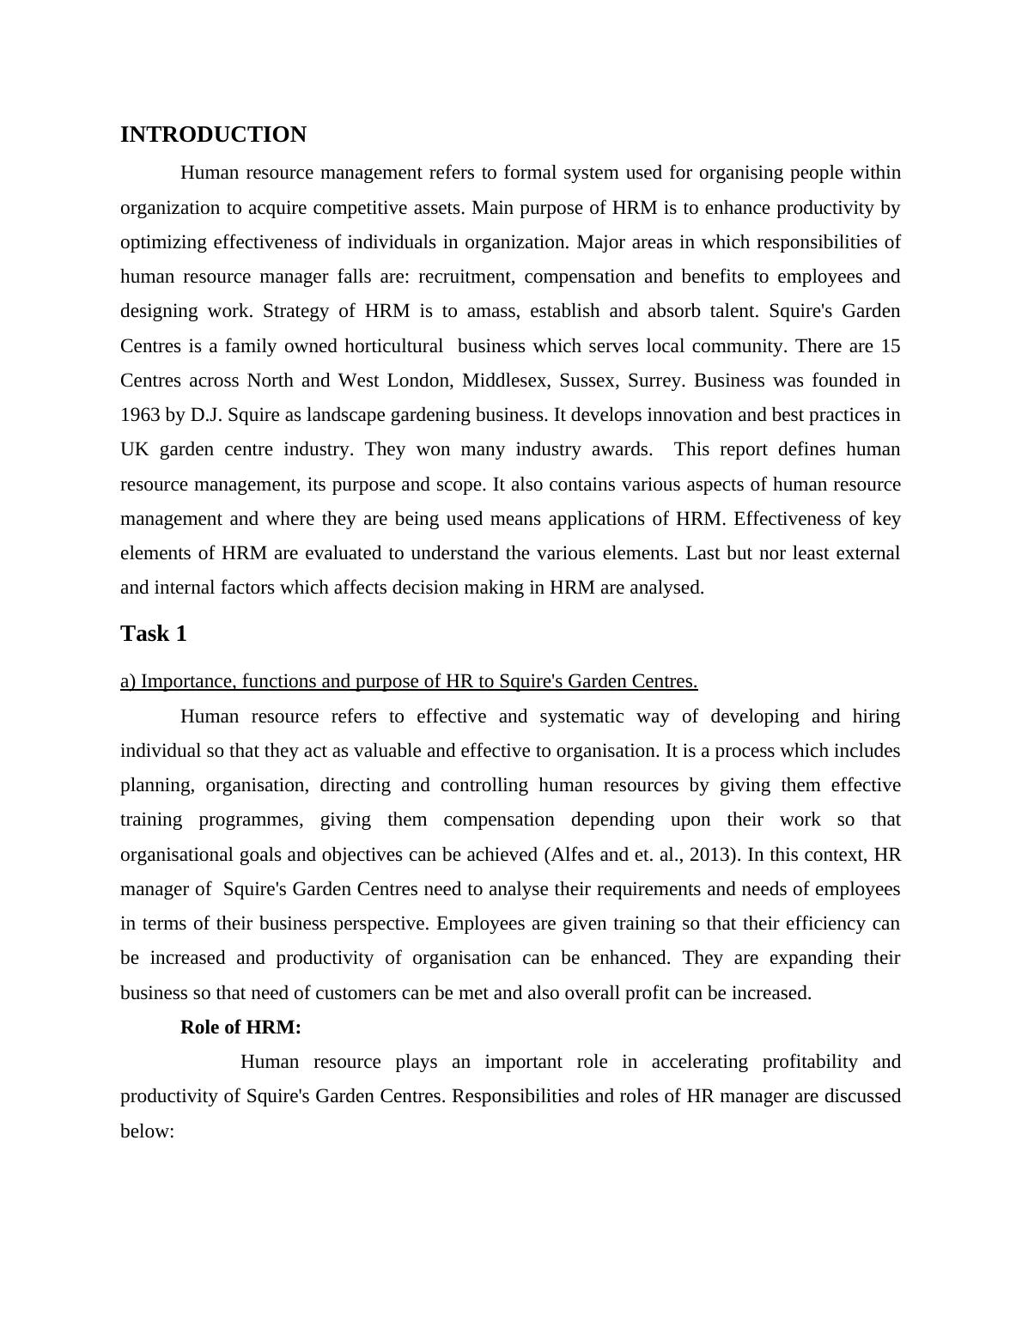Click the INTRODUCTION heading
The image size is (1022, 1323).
coord(213,135)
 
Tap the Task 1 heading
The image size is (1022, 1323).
coord(153,634)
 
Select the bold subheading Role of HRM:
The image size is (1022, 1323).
coord(240,1027)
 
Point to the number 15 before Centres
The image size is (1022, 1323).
coord(890,346)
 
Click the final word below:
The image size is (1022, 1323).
coord(148,1131)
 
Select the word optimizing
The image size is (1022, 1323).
coord(163,242)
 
